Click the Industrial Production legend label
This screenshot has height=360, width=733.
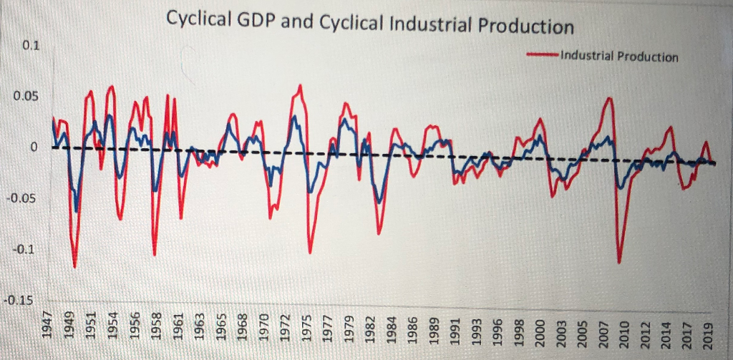pyautogui.click(x=619, y=56)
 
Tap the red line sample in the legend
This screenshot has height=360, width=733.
pyautogui.click(x=543, y=54)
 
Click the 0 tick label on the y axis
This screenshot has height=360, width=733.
pyautogui.click(x=33, y=147)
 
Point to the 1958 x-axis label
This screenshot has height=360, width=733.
pyautogui.click(x=155, y=326)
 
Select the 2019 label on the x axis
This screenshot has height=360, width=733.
pyautogui.click(x=709, y=326)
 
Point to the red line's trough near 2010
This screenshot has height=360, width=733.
pyautogui.click(x=620, y=263)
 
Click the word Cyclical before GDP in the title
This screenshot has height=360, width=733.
pyautogui.click(x=199, y=20)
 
